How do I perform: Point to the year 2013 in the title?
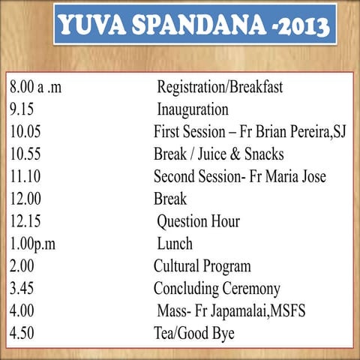295,26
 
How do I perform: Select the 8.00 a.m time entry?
35,87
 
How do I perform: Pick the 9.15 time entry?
24,109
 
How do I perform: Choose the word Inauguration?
193,109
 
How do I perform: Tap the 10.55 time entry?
28,154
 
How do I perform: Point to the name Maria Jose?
293,177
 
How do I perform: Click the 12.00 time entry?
28,199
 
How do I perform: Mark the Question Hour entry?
198,222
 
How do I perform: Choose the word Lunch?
175,244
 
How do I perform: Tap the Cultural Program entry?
202,266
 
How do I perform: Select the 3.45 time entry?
24,289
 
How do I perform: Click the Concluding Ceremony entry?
217,289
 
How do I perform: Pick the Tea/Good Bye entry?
193,333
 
